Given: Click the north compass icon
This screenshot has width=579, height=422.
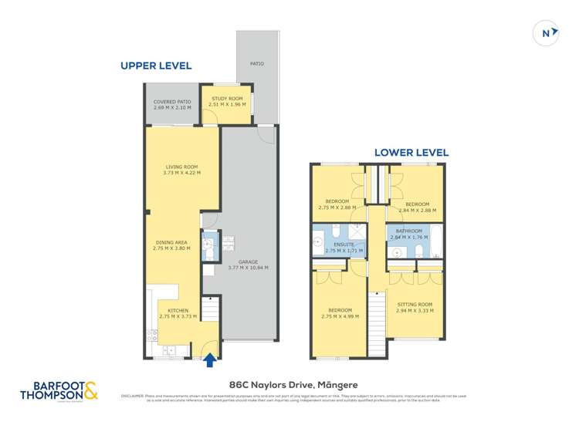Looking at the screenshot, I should click(547, 32).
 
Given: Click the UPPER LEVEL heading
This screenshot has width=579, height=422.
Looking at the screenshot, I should click(156, 66).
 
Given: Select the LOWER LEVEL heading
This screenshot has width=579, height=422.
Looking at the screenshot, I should click(411, 153).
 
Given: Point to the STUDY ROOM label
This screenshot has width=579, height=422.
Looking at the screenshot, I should click(222, 99).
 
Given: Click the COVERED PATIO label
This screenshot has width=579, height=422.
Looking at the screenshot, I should click(171, 102).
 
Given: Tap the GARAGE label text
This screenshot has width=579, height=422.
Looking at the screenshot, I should click(248, 262).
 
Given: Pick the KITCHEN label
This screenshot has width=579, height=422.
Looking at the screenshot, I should click(178, 311).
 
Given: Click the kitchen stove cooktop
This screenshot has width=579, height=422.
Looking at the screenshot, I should click(151, 334).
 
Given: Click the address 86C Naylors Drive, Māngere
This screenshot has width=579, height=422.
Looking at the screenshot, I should click(293, 384).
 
